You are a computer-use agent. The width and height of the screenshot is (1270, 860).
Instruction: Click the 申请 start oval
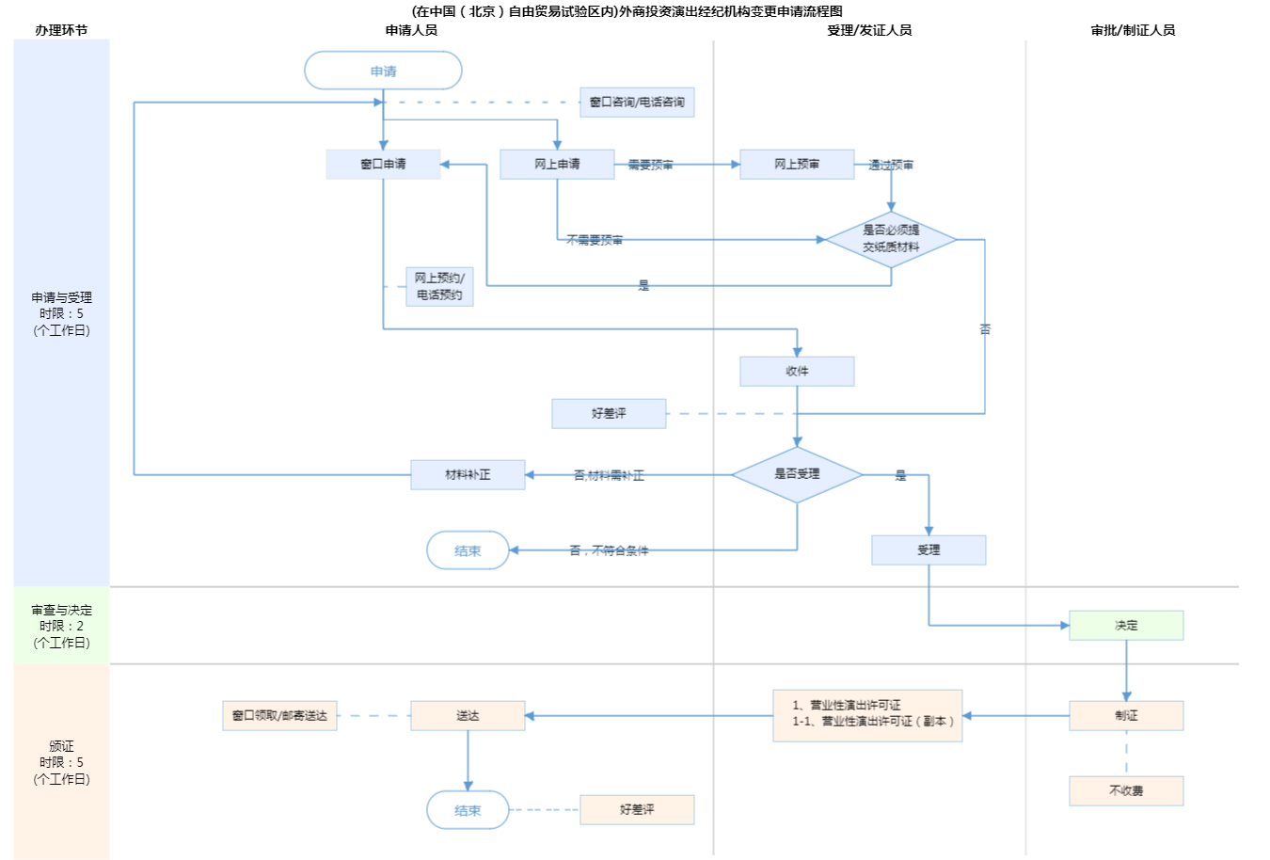[x=383, y=71]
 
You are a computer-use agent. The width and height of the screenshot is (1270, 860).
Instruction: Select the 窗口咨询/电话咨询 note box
[x=637, y=102]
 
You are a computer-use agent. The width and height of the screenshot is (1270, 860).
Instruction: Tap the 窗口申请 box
[x=383, y=164]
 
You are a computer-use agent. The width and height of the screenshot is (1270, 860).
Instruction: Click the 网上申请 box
[x=557, y=164]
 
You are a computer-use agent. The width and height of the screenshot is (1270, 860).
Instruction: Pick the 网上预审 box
[x=797, y=164]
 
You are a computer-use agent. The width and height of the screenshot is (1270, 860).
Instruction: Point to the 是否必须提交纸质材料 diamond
[x=891, y=239]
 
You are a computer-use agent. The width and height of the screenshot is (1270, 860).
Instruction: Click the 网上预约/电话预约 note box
[x=439, y=286]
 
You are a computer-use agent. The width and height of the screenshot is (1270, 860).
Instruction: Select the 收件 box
[x=797, y=371]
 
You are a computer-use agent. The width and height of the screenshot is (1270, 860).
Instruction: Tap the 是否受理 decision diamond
[x=797, y=474]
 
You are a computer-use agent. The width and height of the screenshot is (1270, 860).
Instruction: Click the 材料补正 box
[x=468, y=474]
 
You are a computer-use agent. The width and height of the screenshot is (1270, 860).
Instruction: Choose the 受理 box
[x=929, y=549]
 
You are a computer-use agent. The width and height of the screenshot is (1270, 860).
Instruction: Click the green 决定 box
[x=1126, y=625]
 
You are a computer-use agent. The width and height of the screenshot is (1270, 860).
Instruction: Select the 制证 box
[x=1126, y=715]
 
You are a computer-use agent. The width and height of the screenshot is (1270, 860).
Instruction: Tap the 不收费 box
[x=1126, y=790]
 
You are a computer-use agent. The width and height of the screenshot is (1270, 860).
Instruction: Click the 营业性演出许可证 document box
[x=867, y=715]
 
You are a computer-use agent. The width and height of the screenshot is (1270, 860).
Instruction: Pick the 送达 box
[x=468, y=715]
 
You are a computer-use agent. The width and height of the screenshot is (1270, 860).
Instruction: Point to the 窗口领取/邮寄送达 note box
[x=279, y=715]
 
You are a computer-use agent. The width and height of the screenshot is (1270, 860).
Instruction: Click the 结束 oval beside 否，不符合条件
[x=468, y=550]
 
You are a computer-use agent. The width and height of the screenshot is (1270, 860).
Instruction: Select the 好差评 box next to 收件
[x=609, y=413]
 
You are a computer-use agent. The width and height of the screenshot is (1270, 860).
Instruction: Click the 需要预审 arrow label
[x=650, y=165]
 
